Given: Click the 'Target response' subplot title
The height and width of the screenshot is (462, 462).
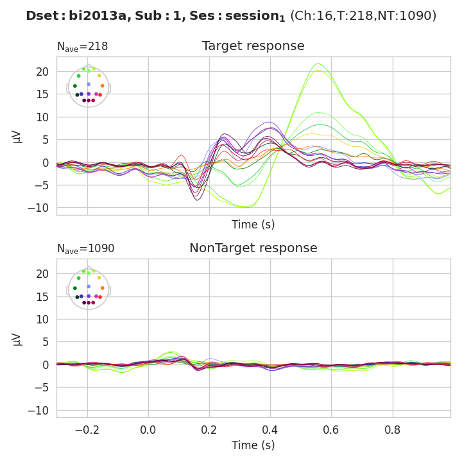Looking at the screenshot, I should (253, 46).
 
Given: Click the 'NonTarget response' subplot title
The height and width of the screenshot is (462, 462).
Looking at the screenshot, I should (253, 248).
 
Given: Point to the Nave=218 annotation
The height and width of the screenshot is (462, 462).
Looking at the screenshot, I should (82, 47).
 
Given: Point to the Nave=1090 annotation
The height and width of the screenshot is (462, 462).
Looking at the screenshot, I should (85, 249).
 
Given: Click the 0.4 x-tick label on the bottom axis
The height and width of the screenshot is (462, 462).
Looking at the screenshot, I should (270, 428).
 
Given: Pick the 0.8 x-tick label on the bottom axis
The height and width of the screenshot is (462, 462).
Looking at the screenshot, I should (392, 428).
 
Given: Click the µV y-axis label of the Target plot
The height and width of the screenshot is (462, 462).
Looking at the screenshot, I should (17, 136).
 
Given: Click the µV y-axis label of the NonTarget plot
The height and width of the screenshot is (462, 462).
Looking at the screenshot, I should (17, 338).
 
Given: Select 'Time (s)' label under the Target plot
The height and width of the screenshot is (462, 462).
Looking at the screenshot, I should (253, 225).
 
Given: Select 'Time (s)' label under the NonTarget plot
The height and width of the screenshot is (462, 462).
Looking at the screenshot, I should (253, 445).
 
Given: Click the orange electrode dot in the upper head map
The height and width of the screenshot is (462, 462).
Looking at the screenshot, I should (102, 85).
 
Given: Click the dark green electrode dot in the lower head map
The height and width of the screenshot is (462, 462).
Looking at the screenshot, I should (75, 288).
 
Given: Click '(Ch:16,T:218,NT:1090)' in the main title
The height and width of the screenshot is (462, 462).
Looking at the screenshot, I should (363, 16).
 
